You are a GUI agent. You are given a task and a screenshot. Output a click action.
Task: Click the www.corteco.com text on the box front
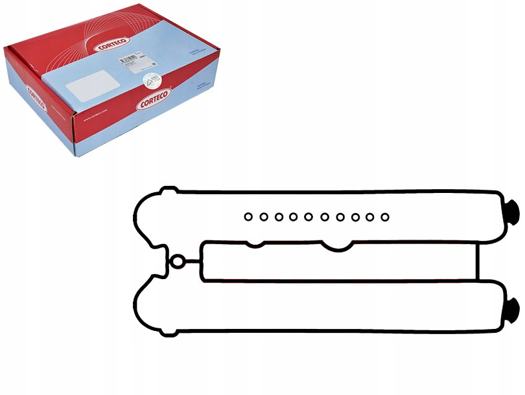pos(93,120)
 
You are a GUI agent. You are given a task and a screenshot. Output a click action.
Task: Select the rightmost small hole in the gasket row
pos(384,216)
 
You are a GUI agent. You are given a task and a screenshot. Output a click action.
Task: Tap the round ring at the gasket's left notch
pos(177,262)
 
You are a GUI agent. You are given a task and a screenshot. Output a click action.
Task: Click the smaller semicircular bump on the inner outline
pos(255,244)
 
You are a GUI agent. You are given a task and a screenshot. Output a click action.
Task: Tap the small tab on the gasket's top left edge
pos(169,190)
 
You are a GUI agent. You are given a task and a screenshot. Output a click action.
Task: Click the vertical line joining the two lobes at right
pos(478,262)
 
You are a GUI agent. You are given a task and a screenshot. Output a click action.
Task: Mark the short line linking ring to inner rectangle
pos(191,262)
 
